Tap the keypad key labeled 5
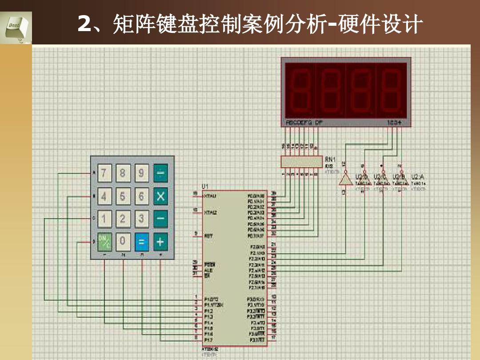(x=123, y=196)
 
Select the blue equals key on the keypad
(x=142, y=242)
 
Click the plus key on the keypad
(x=160, y=242)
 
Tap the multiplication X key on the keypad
(x=160, y=196)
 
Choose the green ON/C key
(x=104, y=242)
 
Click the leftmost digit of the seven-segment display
(x=300, y=91)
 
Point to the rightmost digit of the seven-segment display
(x=392, y=91)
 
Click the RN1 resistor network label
(x=330, y=159)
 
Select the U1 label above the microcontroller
(x=205, y=186)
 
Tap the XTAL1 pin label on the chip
(x=210, y=196)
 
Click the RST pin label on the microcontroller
(x=208, y=236)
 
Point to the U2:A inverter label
(x=418, y=176)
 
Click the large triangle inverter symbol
(x=345, y=179)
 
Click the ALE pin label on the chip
(x=208, y=270)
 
